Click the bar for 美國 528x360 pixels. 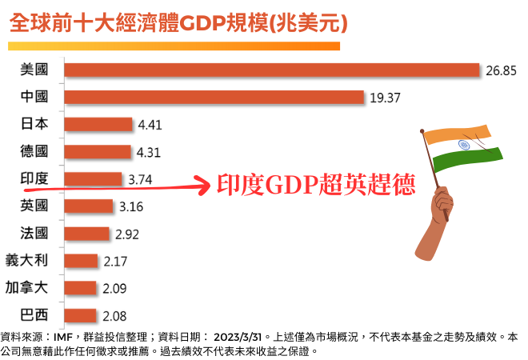click(271, 69)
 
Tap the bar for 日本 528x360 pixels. click(98, 124)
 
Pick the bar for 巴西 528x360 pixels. click(80, 315)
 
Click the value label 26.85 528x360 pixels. click(502, 70)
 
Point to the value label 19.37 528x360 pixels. click(386, 98)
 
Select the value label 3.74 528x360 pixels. click(138, 179)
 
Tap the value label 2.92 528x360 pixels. click(128, 234)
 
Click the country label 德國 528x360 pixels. click(33, 151)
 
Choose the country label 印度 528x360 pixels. click(33, 178)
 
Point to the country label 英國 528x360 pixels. click(33, 206)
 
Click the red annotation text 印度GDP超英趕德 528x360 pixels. click(317, 186)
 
